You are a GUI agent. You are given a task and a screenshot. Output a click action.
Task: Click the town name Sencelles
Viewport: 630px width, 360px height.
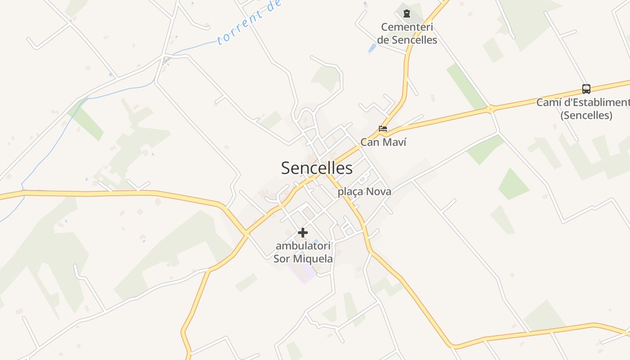click(x=317, y=168)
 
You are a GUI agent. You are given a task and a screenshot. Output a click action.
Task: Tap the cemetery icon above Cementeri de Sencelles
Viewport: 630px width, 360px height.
click(x=407, y=13)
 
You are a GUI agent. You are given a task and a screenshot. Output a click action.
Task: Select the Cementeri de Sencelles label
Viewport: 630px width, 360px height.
click(x=407, y=33)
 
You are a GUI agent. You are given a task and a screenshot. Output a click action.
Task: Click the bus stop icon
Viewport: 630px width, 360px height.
click(x=586, y=89)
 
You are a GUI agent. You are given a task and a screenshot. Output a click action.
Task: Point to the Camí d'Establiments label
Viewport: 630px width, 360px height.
click(x=583, y=103)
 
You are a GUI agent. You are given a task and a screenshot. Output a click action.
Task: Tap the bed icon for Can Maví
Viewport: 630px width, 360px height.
click(x=383, y=129)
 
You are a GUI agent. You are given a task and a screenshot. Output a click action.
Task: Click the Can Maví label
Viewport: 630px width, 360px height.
click(x=383, y=142)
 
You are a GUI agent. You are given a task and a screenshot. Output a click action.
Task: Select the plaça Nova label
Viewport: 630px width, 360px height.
click(x=364, y=191)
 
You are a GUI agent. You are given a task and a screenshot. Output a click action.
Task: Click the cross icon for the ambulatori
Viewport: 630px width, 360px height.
click(x=303, y=233)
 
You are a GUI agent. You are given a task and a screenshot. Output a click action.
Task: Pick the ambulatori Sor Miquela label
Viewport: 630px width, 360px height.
click(x=303, y=252)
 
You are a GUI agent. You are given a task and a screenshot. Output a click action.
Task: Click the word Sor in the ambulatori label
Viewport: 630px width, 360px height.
click(x=282, y=259)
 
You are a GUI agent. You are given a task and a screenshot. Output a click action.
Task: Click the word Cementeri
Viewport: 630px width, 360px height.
click(x=407, y=27)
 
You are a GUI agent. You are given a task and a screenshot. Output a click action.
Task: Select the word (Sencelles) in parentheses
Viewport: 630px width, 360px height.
click(x=586, y=115)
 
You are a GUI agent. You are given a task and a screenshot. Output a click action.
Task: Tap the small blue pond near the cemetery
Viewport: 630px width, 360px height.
click(x=372, y=48)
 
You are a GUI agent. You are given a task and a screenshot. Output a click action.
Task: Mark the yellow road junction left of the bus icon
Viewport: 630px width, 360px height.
click(x=490, y=109)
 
